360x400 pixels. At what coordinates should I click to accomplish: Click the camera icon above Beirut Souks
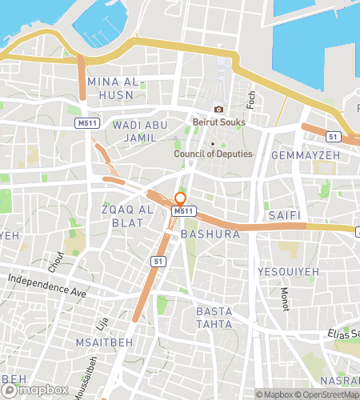pos(218,109)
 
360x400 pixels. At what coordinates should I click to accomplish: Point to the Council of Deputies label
pos(214,154)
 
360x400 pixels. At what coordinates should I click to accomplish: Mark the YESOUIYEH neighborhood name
pos(288,272)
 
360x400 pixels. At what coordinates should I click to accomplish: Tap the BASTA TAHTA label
pos(214,317)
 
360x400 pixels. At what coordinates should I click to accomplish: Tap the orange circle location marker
pos(181,198)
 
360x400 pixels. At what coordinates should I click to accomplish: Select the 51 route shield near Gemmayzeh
pos(333,137)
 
